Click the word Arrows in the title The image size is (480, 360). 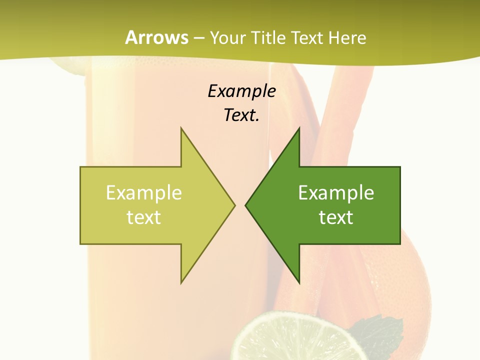[156, 37]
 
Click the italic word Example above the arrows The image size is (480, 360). [241, 91]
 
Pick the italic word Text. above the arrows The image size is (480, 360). [241, 115]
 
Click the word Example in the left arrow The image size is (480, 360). [144, 193]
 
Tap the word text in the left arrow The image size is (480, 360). [144, 217]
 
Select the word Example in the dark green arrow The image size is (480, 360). [336, 193]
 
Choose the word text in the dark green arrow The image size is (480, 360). [336, 217]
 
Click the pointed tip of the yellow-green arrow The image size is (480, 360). [233, 205]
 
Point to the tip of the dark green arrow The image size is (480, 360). [247, 205]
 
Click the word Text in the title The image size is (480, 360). [306, 38]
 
